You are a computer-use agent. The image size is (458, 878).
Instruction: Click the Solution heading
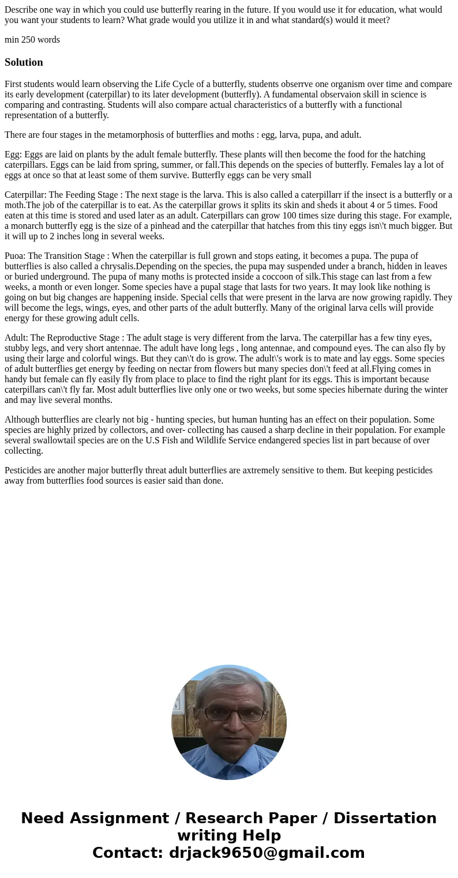[24, 62]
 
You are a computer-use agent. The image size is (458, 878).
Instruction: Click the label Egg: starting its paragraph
[13, 155]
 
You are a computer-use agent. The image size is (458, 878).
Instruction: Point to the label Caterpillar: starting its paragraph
[25, 195]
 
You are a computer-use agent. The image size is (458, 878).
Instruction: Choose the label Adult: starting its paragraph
[16, 338]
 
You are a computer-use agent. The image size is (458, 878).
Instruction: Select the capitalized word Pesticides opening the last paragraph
[24, 470]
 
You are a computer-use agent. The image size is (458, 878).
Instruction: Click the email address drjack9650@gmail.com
[266, 853]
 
